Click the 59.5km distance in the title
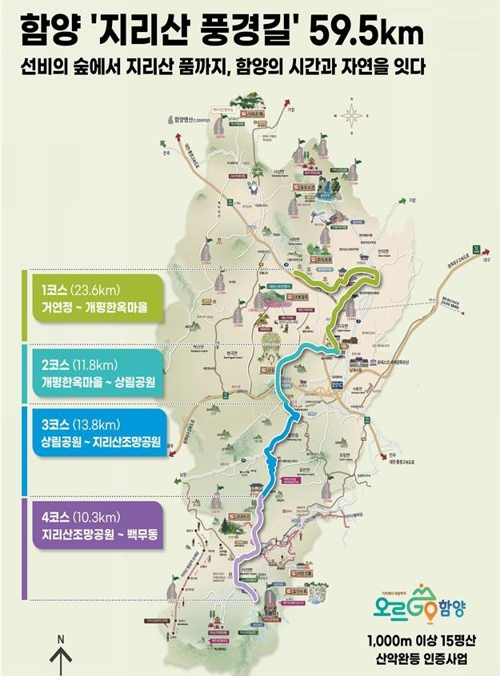pyautogui.click(x=368, y=33)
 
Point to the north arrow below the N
pyautogui.click(x=61, y=662)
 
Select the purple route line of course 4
pyautogui.click(x=248, y=543)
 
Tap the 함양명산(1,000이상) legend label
pyautogui.click(x=192, y=120)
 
